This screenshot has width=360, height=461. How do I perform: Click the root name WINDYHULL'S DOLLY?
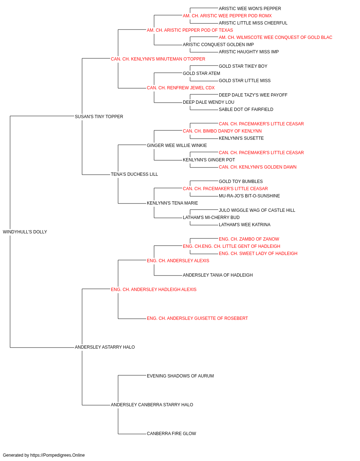tap(25, 232)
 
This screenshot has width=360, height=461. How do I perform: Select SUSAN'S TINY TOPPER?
tap(99, 117)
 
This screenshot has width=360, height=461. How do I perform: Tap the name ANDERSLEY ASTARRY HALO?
tap(105, 347)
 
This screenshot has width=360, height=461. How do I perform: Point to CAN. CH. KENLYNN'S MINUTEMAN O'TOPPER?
tap(158, 59)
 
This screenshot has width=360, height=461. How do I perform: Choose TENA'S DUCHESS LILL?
tap(134, 174)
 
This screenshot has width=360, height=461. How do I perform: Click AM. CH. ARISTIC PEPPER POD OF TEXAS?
tap(190, 30)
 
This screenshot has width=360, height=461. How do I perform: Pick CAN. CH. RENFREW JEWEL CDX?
tap(181, 88)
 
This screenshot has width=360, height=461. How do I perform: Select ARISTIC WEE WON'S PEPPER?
tap(250, 9)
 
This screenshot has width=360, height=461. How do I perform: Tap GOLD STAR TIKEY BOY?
tap(243, 66)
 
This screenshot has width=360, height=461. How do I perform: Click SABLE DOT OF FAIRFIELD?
tap(246, 109)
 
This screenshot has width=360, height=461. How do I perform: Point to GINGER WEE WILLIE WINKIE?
tap(177, 145)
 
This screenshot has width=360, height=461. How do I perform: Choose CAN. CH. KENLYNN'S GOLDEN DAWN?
tap(258, 167)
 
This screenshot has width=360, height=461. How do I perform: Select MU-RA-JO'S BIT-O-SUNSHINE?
tap(249, 196)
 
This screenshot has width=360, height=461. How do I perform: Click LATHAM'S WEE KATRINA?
tap(244, 225)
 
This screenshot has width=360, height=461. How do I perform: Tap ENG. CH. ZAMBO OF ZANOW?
tap(249, 239)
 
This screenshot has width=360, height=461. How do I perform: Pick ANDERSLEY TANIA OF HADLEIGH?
tap(218, 275)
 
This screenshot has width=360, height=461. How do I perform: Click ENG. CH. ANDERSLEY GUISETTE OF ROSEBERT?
tap(197, 318)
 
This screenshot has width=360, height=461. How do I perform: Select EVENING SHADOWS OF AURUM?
tap(180, 376)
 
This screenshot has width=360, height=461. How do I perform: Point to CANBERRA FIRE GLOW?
tap(171, 434)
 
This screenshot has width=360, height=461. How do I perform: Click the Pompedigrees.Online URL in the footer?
tap(58, 455)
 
